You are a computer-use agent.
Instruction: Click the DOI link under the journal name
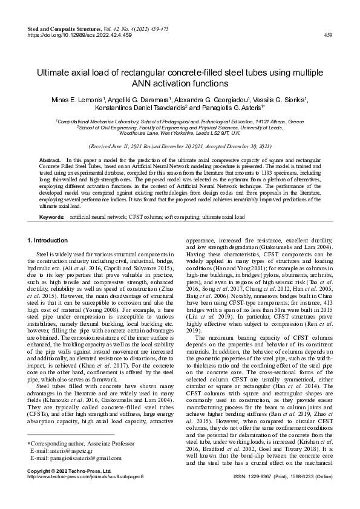pyautogui.click(x=80, y=35)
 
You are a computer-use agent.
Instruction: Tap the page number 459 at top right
pyautogui.click(x=328, y=36)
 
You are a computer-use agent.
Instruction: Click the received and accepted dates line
pyautogui.click(x=180, y=146)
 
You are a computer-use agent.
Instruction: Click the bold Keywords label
pyautogui.click(x=51, y=216)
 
